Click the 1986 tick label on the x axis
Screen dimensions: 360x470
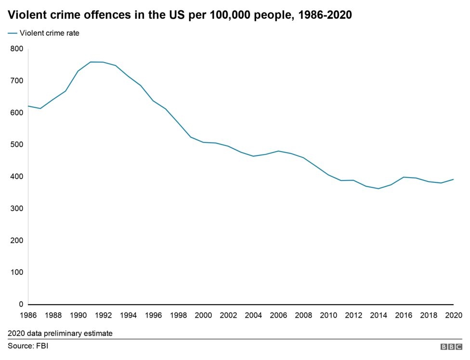click(28, 315)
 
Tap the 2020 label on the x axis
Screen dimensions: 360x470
click(454, 315)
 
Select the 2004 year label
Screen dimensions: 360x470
click(253, 315)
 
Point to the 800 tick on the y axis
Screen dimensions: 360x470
click(16, 49)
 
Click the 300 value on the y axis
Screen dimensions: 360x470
click(16, 208)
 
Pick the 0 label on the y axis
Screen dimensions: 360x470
click(21, 304)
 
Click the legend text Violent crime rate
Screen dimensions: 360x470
click(49, 33)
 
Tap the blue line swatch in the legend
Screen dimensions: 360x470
click(12, 33)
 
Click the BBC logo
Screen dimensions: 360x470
click(451, 347)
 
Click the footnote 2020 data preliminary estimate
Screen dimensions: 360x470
click(60, 333)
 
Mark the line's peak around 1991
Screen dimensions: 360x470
click(91, 62)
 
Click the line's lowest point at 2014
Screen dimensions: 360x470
click(379, 189)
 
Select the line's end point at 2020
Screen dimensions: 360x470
click(454, 179)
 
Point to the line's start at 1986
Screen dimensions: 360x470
click(28, 106)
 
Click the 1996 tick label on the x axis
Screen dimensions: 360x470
click(154, 315)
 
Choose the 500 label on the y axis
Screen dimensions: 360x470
click(16, 144)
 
